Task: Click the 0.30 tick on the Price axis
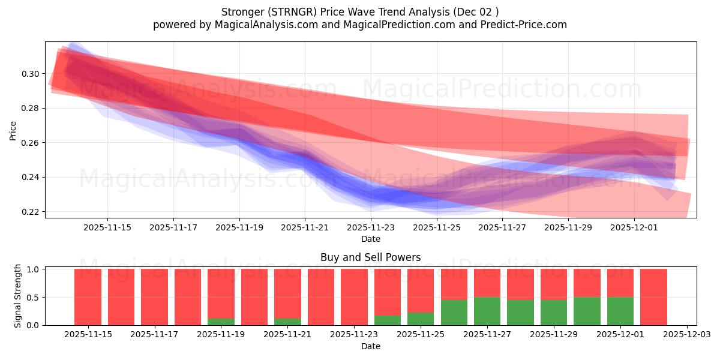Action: pos(31,74)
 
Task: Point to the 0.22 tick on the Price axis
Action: pos(31,212)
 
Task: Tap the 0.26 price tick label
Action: pos(31,143)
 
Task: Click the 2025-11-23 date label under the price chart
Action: pos(371,228)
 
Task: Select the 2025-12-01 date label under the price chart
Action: pos(634,228)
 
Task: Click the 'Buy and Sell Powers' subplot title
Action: pos(370,257)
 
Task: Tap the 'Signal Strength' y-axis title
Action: pos(18,296)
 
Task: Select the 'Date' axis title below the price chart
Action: pos(370,239)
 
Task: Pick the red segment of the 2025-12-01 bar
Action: pos(620,283)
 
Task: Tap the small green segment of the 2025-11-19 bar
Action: pos(221,322)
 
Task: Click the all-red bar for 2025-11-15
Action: pos(88,297)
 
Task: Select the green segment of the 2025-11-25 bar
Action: pos(421,319)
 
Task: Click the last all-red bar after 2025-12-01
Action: pos(653,297)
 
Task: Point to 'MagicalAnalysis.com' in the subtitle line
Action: pos(262,25)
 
